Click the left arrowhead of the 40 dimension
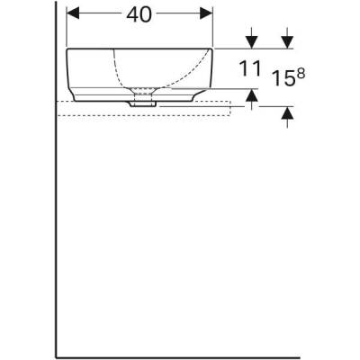[x=75, y=16]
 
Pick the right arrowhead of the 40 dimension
[x=209, y=16]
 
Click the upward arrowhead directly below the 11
[x=252, y=94]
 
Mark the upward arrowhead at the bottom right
[x=288, y=112]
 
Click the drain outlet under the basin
[x=141, y=103]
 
